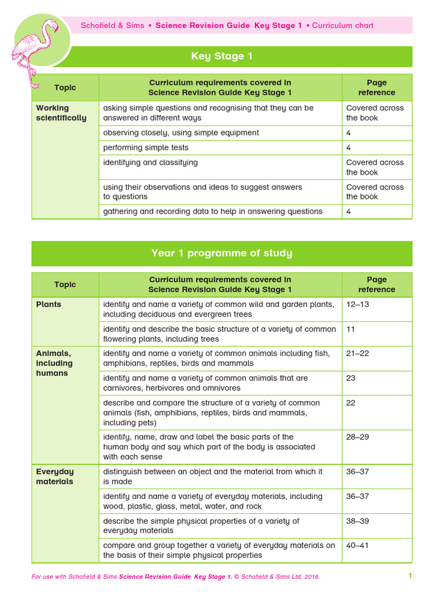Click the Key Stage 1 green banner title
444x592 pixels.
(221, 57)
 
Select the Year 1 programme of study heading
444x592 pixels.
(221, 253)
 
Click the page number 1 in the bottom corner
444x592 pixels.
(410, 576)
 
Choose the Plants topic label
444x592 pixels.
(49, 304)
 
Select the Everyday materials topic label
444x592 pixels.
(55, 476)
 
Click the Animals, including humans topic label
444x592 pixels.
(54, 363)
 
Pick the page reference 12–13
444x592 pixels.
(357, 304)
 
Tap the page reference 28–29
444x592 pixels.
(357, 437)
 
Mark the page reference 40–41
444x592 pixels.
(357, 545)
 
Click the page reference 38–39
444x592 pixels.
(357, 521)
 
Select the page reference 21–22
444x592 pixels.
(357, 353)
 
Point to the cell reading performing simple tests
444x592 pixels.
(146, 147)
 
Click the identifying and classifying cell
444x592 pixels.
(150, 162)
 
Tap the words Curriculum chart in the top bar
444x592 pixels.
(343, 25)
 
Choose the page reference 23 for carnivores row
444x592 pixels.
(351, 378)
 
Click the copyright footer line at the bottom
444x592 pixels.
(176, 576)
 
